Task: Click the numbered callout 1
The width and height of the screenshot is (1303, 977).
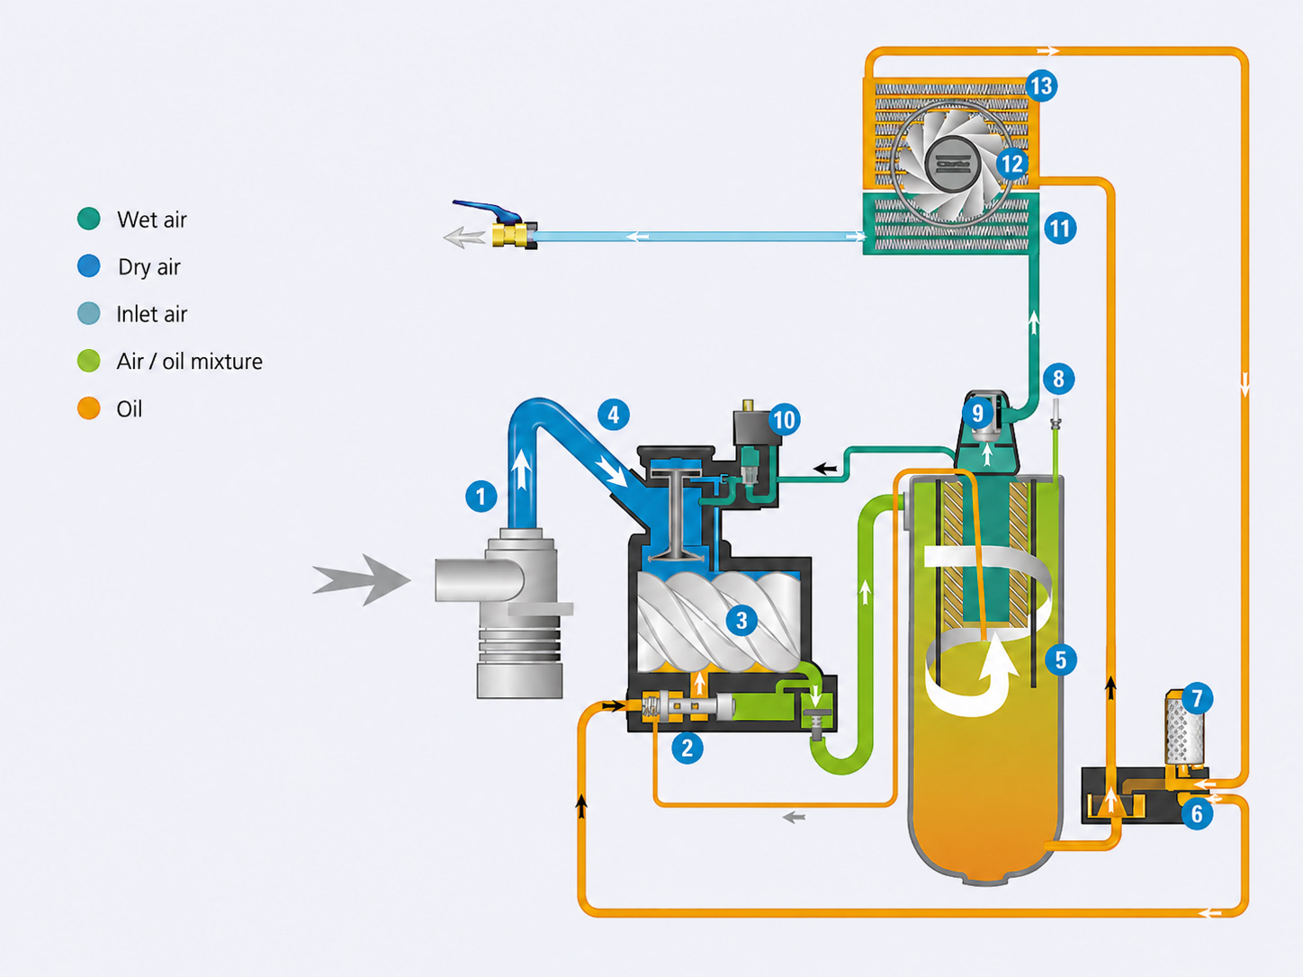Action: point(481,496)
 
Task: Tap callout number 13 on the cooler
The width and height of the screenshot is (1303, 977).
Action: point(1041,86)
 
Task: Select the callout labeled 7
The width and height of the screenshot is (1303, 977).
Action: point(1197,698)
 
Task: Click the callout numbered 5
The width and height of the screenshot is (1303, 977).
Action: point(1060,659)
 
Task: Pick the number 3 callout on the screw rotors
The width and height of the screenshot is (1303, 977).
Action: point(741,620)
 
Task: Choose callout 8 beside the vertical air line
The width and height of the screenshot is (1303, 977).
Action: point(1058,379)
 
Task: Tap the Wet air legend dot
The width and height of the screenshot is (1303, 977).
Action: point(88,219)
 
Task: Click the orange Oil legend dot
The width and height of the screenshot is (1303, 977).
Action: point(88,408)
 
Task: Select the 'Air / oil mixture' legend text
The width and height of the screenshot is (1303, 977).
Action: point(189,362)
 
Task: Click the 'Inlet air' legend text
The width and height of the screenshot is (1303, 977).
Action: point(151,314)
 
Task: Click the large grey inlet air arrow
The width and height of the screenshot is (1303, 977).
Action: point(362,579)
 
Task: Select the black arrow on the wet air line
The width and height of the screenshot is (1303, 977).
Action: point(825,469)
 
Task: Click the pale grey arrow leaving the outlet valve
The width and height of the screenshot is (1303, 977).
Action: point(464,237)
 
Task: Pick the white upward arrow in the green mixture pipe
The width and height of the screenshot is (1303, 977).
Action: point(865,592)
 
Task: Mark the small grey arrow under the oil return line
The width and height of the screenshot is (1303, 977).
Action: point(794,818)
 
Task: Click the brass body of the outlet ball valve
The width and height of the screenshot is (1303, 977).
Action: point(511,235)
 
